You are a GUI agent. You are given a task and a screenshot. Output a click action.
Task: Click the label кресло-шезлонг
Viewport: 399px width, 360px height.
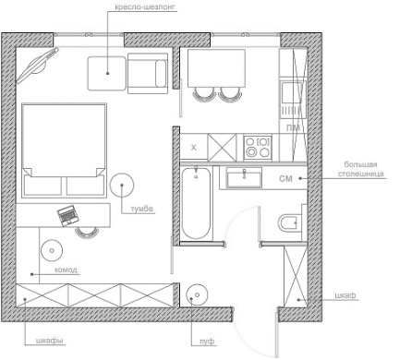coord(146,7)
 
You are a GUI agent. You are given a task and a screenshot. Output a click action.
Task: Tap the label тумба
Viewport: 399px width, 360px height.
coord(142,209)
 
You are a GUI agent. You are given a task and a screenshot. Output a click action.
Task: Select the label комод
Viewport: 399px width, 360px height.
coord(66,270)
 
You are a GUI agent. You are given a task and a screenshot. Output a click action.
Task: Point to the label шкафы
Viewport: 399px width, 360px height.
coord(50,341)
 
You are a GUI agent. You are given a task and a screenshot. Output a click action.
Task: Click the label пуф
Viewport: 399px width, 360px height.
coord(207,342)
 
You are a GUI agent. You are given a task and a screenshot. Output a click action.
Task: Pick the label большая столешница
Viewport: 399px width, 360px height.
coord(361,169)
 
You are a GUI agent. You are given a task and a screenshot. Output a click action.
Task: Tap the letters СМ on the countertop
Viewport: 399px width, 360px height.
coord(285,178)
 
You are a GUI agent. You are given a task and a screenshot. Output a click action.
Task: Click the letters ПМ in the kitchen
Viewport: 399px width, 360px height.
coord(293,127)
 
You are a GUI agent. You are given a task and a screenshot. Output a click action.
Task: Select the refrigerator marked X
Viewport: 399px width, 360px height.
coord(194,148)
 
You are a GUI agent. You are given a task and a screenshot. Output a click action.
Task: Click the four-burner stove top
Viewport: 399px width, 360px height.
coord(258,148)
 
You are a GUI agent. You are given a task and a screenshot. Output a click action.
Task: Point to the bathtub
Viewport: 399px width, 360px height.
coord(196,203)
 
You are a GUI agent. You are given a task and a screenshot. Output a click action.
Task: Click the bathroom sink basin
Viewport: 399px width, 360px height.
coord(244,177)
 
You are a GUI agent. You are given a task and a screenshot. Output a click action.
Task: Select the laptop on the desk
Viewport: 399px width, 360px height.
coord(67,215)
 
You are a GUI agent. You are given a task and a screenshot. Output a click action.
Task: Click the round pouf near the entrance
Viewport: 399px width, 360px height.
coord(197,294)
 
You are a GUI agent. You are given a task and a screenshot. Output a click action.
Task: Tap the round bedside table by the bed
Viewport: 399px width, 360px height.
coord(122,185)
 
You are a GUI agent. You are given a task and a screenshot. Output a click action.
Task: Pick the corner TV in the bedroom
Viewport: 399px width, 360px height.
coord(37,66)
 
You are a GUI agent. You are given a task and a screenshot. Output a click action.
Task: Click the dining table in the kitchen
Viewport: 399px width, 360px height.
coord(216,68)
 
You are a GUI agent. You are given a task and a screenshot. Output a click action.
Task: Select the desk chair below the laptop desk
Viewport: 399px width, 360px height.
coord(87,233)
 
